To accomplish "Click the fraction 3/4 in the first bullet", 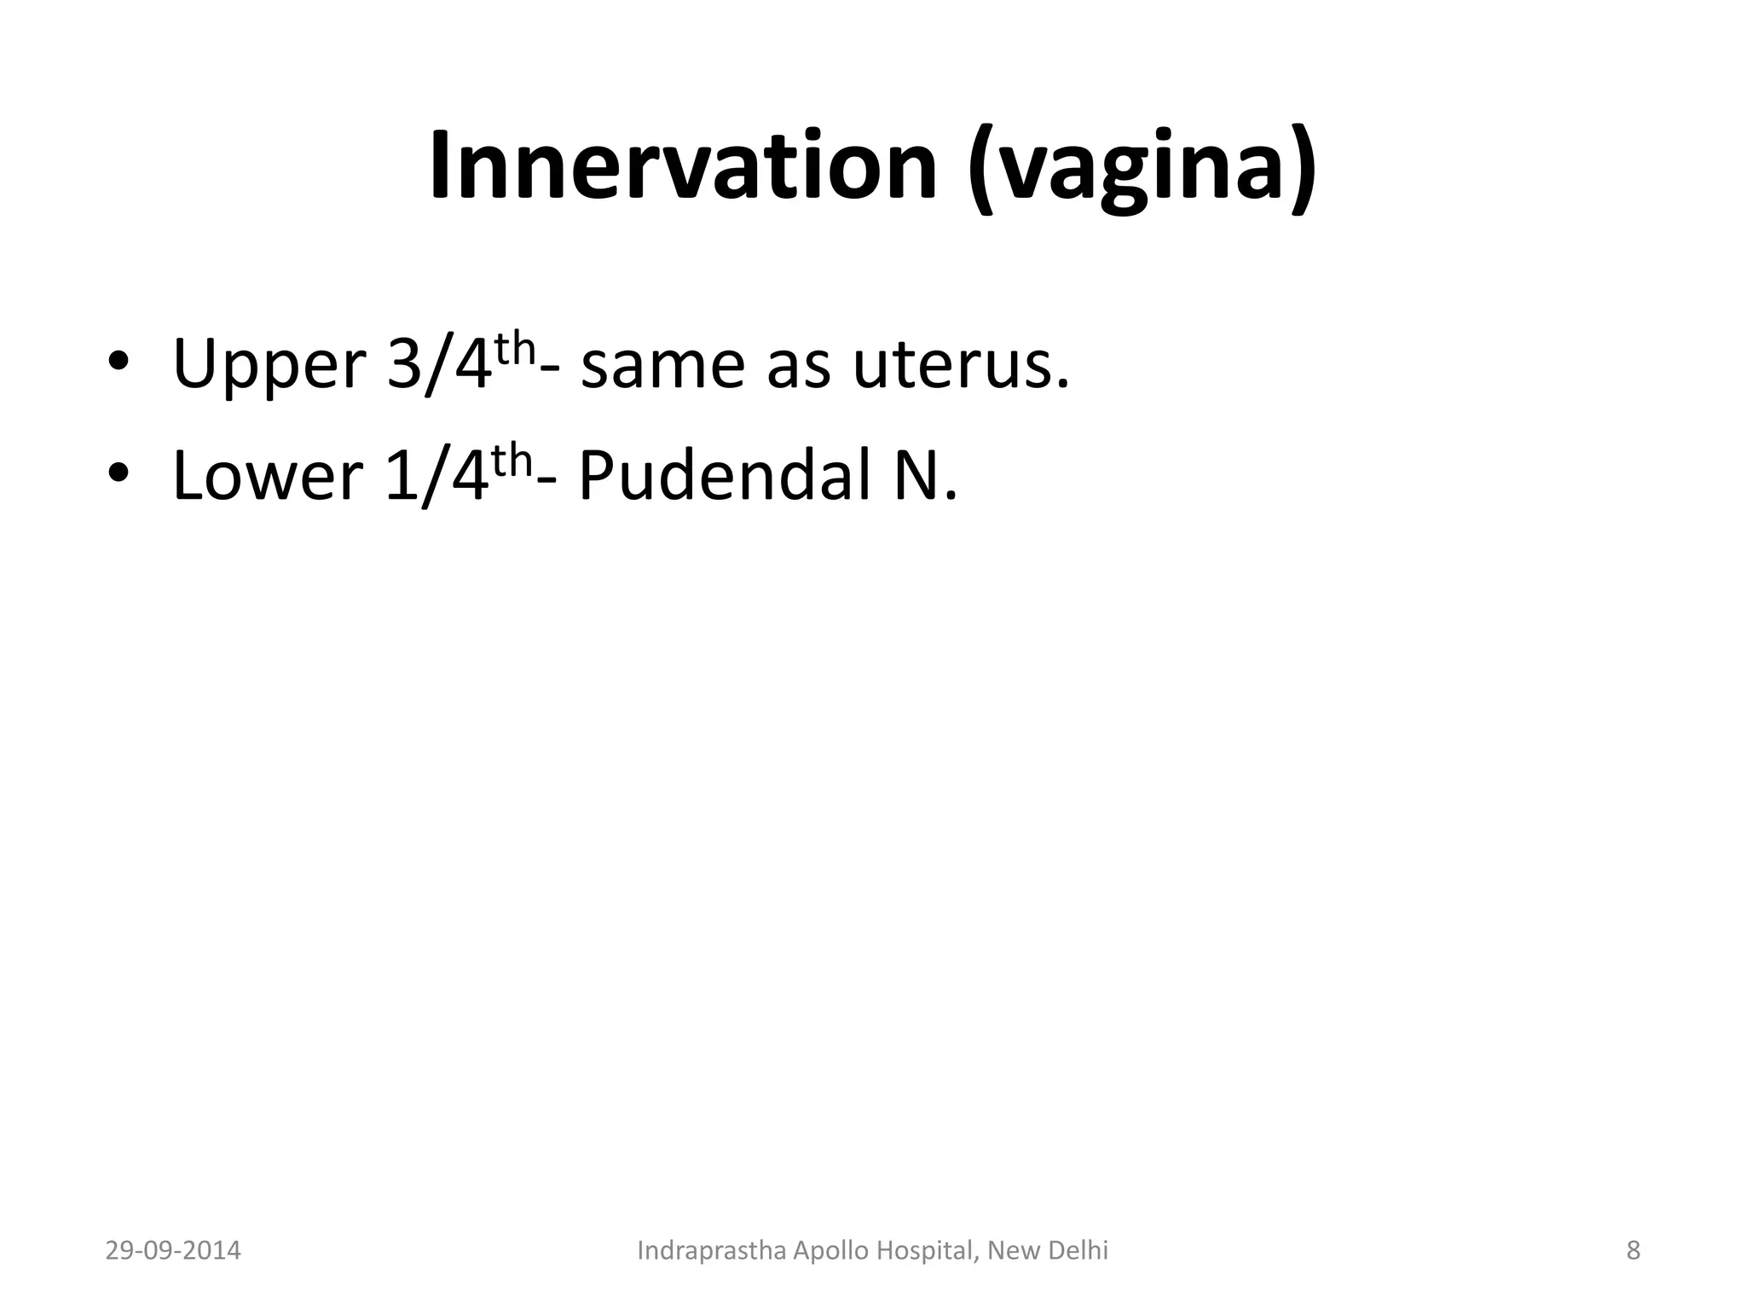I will point(440,365).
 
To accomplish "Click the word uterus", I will point(961,365).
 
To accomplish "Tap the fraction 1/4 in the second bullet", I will point(437,475).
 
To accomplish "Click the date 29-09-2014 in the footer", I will point(173,1251).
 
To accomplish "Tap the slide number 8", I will point(1633,1251).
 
